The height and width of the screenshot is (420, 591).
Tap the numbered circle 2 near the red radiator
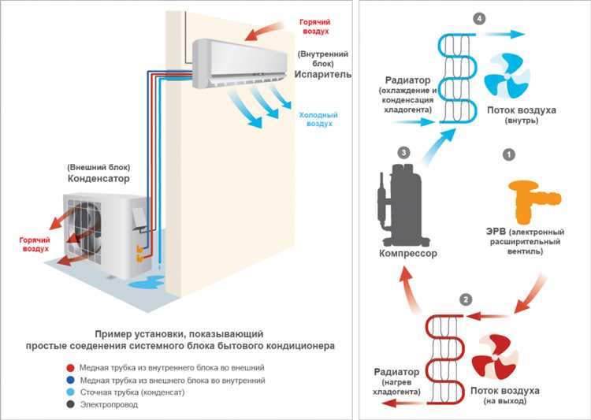(466, 299)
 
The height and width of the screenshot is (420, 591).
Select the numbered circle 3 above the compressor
(404, 151)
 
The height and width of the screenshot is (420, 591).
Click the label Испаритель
(319, 81)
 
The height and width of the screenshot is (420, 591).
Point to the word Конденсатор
(98, 179)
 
